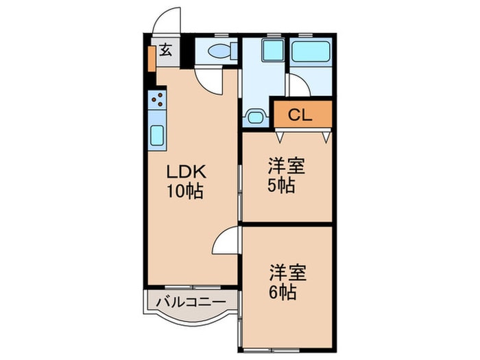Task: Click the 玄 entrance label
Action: click(166, 50)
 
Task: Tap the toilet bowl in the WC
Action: click(219, 51)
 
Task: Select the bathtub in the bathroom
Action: click(311, 51)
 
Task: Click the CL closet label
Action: click(300, 115)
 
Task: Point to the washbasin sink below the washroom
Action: click(255, 117)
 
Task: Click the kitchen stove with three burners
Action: click(157, 99)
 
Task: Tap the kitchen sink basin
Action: click(157, 136)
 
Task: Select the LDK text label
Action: click(186, 172)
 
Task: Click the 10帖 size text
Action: click(185, 191)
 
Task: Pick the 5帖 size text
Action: click(281, 186)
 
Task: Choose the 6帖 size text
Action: click(283, 291)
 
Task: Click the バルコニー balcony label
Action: click(191, 302)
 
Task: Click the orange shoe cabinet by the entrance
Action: click(152, 59)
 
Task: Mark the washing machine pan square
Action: click(273, 49)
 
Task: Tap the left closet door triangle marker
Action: click(280, 137)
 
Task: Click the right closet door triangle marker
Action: click(326, 137)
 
